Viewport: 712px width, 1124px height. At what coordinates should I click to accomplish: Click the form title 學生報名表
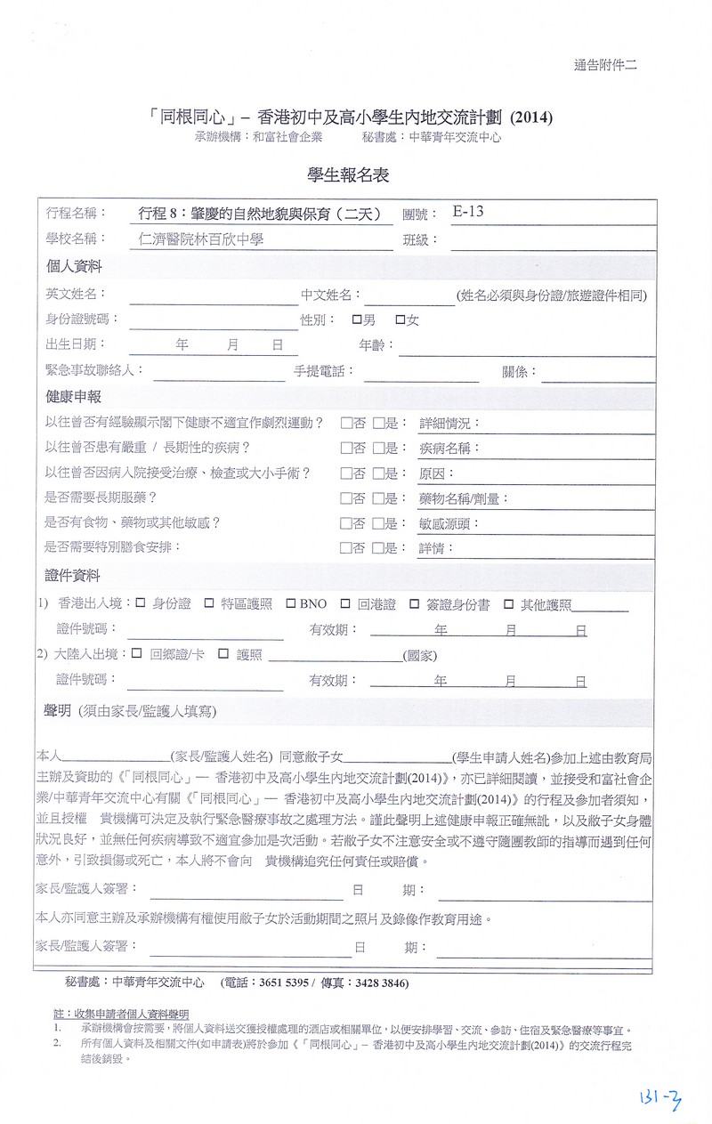click(348, 176)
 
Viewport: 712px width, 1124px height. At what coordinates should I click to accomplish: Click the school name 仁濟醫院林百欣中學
click(195, 239)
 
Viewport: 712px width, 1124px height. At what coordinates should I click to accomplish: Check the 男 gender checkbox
click(357, 319)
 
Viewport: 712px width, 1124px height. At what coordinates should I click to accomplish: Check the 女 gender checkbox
click(400, 319)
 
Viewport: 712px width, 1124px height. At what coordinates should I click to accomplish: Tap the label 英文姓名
click(76, 295)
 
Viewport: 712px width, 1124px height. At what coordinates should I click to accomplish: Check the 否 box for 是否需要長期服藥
click(345, 498)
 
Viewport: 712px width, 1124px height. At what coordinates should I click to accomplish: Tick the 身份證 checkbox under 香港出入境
click(141, 603)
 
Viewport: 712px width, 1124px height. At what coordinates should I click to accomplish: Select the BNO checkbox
click(290, 603)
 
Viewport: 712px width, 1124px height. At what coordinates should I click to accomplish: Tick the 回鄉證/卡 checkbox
click(137, 654)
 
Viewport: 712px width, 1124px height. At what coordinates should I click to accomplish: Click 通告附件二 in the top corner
click(605, 64)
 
